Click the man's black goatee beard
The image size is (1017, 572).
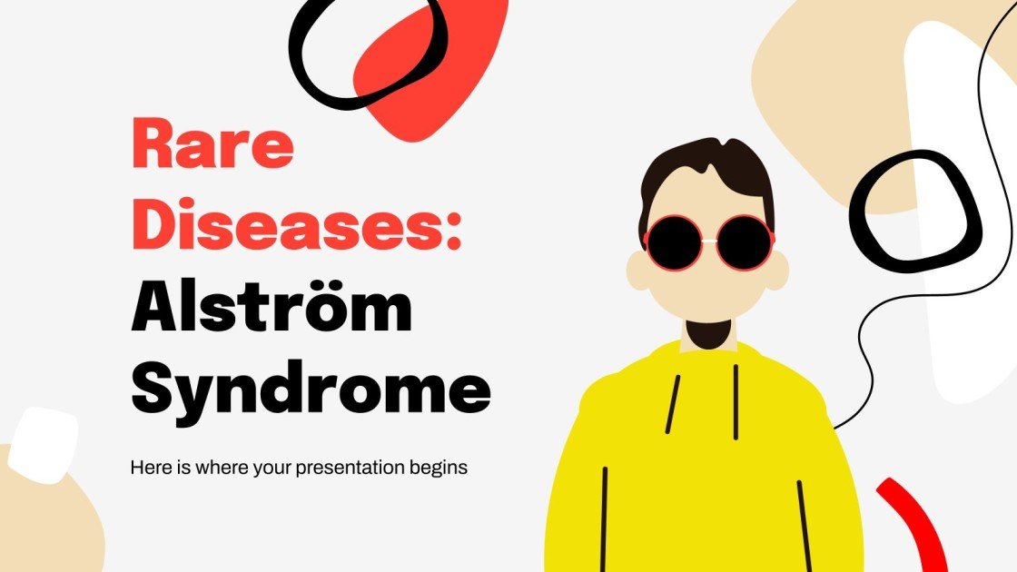coord(710,333)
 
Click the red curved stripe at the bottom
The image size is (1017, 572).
coord(917,527)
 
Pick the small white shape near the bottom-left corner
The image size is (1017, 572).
coord(45,442)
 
